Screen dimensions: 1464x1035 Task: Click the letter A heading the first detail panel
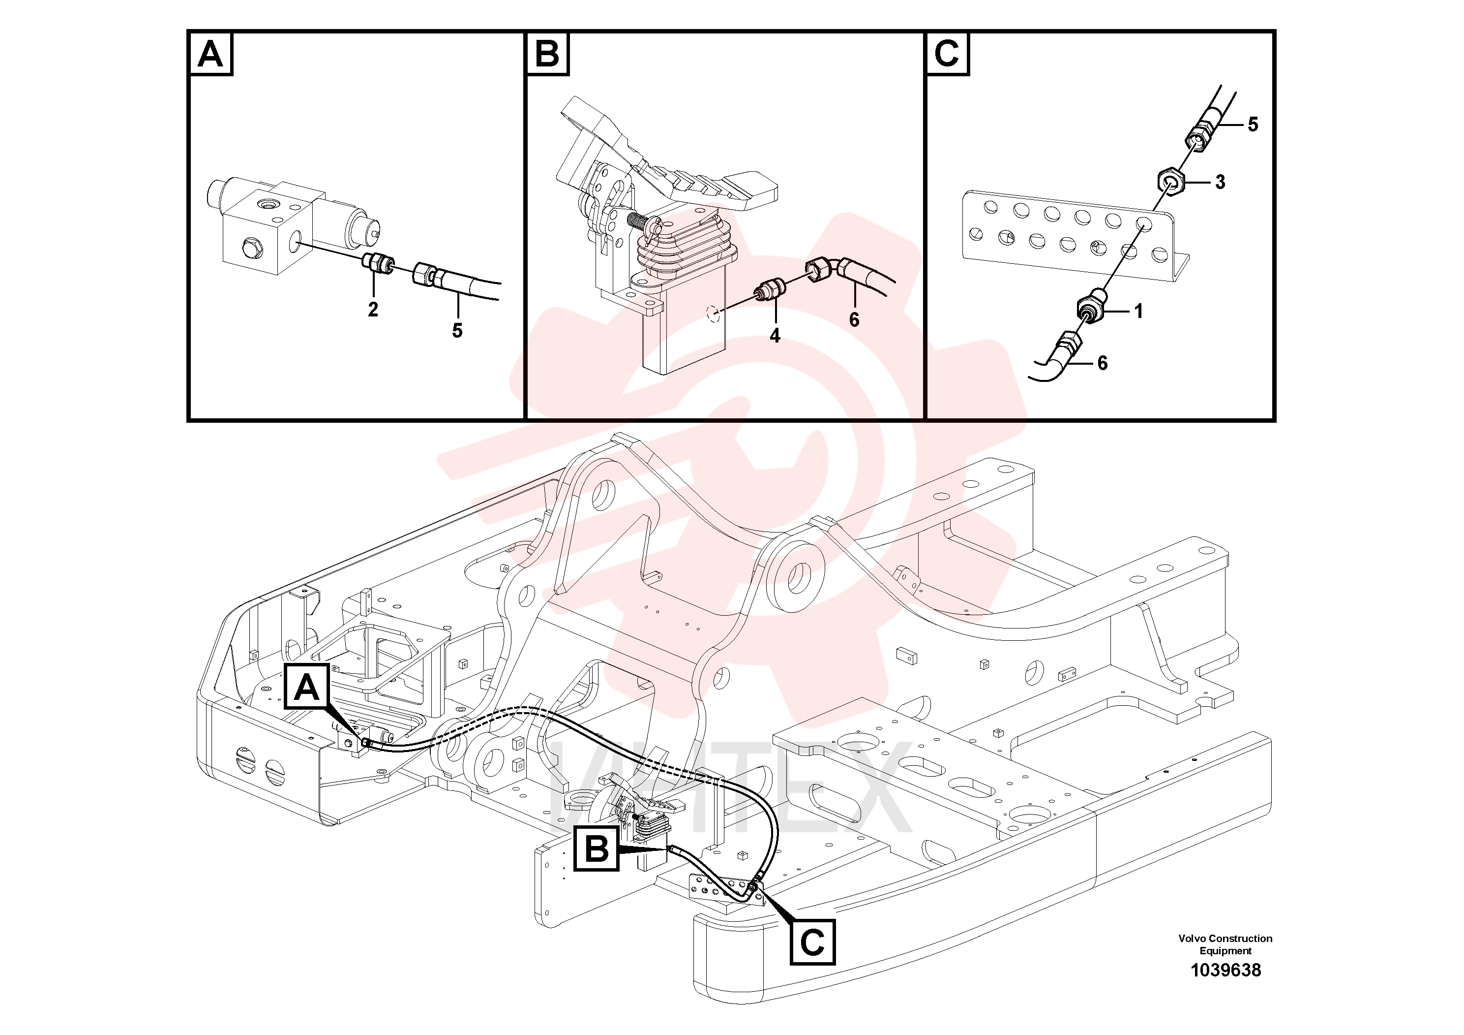coord(210,54)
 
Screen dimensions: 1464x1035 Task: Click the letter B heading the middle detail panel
coord(547,54)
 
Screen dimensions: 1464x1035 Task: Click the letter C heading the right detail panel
coord(947,54)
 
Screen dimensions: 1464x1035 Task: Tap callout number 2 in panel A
coord(373,310)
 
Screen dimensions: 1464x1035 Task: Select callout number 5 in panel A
coord(457,331)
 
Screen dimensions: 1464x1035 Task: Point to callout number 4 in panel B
coord(775,336)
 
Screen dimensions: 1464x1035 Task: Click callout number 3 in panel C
coord(1220,182)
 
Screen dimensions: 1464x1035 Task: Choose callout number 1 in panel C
coord(1139,312)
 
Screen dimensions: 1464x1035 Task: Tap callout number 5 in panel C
coord(1253,125)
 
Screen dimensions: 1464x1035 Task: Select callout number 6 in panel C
coord(1103,363)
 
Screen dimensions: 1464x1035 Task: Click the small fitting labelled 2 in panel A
coord(378,262)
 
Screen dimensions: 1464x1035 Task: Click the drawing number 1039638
coord(1225,970)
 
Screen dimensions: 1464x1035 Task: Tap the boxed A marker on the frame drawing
coord(307,686)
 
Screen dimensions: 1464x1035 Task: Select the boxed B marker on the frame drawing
coord(597,848)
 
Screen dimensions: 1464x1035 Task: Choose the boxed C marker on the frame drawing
coord(812,941)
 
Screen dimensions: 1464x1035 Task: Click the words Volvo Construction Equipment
coord(1225,944)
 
